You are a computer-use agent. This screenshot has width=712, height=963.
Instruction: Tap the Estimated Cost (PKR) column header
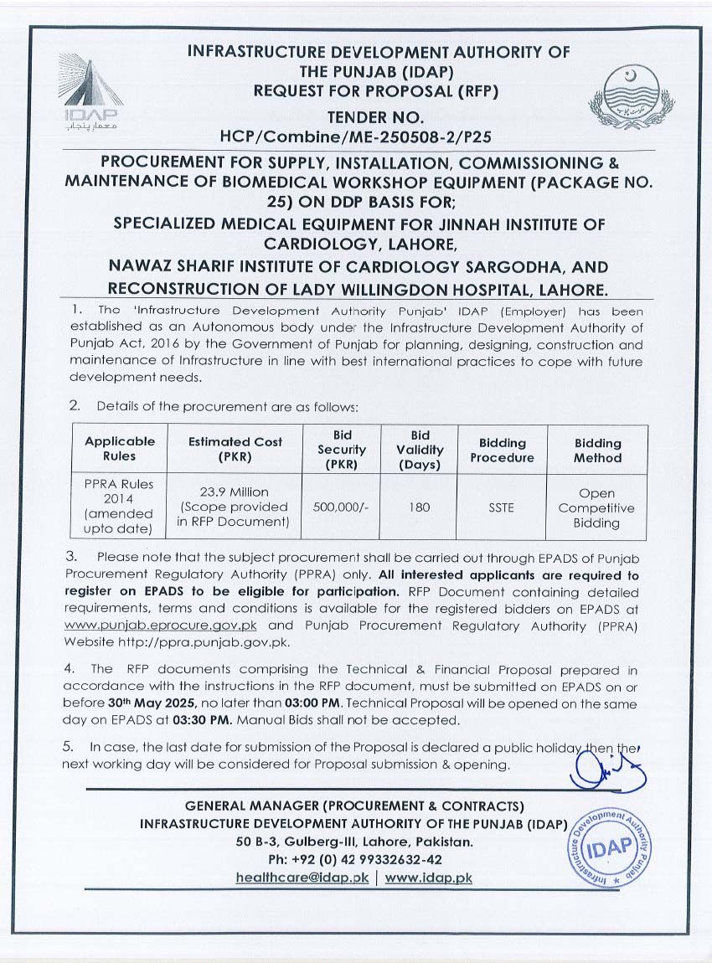tap(234, 449)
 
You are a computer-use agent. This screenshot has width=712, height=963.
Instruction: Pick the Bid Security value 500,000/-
tap(342, 507)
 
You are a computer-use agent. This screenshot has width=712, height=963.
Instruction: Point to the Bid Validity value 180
tap(420, 507)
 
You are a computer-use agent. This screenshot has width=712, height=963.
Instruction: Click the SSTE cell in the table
tap(501, 507)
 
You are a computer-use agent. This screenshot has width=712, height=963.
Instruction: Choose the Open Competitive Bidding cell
tap(596, 507)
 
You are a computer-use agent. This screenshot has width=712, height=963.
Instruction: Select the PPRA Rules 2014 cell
tap(121, 507)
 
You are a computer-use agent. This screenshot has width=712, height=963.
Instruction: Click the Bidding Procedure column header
tap(501, 450)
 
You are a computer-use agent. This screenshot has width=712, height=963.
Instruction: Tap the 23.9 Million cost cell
tap(234, 507)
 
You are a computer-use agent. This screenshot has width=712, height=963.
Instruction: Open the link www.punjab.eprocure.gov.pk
tap(162, 626)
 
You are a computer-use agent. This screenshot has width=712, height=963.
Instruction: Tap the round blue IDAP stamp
tap(608, 848)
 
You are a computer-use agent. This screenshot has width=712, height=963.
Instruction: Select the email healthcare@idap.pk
tap(302, 877)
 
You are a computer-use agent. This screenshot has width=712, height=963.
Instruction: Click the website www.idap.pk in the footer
tap(429, 877)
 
